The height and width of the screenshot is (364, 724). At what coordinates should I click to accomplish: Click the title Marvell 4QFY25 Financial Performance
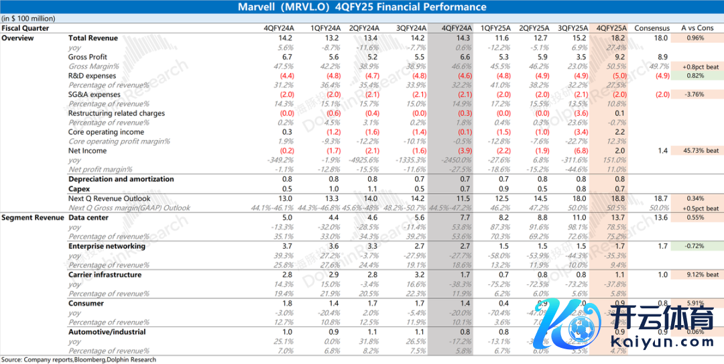tap(362, 7)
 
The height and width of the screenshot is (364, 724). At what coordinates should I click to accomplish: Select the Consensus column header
tap(652, 28)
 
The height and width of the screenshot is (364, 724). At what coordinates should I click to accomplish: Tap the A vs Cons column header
tap(697, 28)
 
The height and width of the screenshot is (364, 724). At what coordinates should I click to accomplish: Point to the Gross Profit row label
tap(87, 57)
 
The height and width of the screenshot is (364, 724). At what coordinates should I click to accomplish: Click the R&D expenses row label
tap(92, 76)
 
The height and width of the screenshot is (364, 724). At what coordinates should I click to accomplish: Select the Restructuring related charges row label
tap(116, 113)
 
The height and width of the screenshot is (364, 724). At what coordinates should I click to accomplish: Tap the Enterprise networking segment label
tap(107, 246)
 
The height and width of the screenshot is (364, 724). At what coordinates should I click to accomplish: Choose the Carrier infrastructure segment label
tap(105, 275)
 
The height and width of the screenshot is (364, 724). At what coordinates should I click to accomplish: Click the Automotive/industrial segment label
tap(107, 332)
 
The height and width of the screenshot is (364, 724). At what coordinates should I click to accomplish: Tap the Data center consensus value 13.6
tap(661, 218)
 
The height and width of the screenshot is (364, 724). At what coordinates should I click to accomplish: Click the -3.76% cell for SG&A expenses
tap(697, 95)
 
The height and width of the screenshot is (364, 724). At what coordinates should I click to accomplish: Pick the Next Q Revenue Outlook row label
tap(109, 198)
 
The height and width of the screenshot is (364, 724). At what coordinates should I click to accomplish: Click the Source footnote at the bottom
tap(78, 360)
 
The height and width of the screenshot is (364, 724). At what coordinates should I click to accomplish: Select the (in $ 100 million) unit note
tap(28, 19)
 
